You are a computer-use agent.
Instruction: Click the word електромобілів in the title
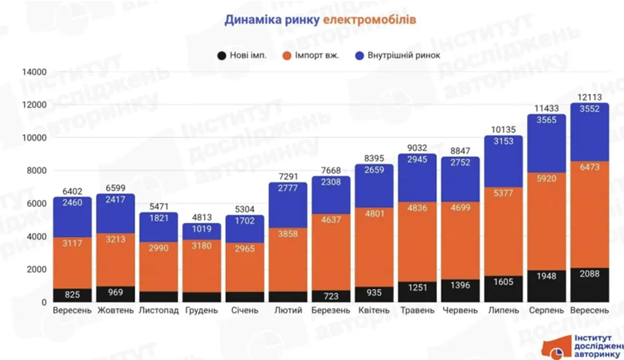[x=369, y=20]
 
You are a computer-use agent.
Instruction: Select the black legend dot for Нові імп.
[x=222, y=56]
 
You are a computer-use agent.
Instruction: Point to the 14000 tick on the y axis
[x=35, y=72]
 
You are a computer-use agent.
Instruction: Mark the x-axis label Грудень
[x=201, y=311]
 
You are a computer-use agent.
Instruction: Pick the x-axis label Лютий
[x=288, y=311]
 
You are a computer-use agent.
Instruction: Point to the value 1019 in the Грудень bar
[x=201, y=229]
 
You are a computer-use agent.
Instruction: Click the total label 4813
[x=201, y=218]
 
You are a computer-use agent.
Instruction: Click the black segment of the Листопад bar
[x=158, y=297]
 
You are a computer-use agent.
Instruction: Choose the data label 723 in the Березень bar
[x=331, y=296]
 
